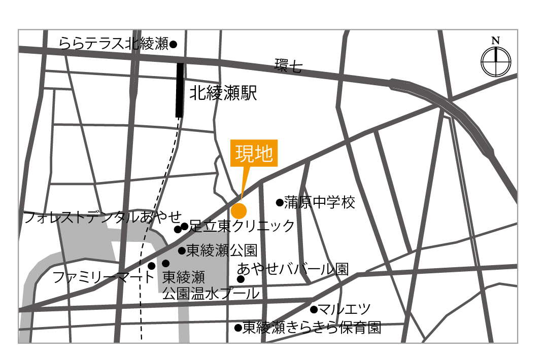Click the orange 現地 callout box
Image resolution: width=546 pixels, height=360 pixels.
254,153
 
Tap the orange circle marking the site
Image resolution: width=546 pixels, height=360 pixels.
238,210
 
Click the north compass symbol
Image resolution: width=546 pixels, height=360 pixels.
496,61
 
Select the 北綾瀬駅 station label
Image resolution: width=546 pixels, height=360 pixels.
223,93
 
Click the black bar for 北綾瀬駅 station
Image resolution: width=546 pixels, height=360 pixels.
179,90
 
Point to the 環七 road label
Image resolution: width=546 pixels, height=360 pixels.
288,66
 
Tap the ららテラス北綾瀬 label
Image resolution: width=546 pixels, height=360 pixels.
113,44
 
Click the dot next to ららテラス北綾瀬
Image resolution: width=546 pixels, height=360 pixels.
173,45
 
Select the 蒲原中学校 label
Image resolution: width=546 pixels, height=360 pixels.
319,203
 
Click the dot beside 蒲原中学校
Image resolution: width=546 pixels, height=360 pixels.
279,203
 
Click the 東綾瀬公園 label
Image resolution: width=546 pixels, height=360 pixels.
222,250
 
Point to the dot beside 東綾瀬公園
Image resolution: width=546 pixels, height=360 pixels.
181,250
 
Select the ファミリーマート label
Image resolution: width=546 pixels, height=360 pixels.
103,277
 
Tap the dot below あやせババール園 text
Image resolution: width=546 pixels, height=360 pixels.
241,279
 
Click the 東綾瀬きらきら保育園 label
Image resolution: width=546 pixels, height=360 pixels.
311,328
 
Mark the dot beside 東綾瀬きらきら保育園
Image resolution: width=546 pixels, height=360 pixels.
237,328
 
